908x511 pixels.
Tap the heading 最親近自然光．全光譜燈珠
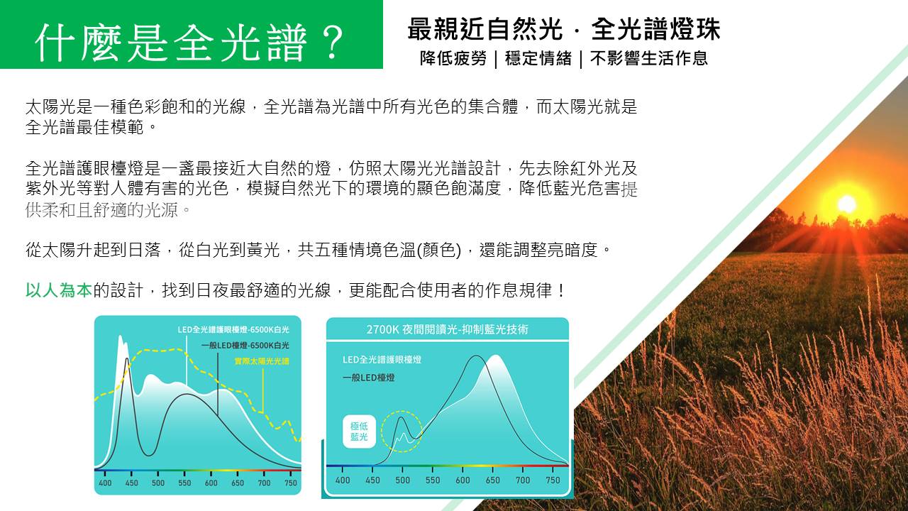[564, 29]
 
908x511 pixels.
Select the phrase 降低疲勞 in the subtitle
[453, 58]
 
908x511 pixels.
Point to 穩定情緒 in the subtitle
[538, 58]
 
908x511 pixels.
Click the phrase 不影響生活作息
[649, 58]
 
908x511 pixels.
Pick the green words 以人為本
[59, 290]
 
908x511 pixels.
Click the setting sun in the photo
[846, 204]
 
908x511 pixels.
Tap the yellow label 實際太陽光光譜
[262, 361]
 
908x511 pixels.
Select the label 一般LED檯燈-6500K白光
[245, 345]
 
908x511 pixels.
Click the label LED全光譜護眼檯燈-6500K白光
[233, 329]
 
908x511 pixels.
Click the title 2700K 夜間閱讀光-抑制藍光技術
[447, 329]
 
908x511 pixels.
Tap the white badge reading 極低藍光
[359, 432]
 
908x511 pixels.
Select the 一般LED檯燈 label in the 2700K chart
[368, 378]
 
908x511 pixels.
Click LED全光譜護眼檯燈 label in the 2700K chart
[382, 359]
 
